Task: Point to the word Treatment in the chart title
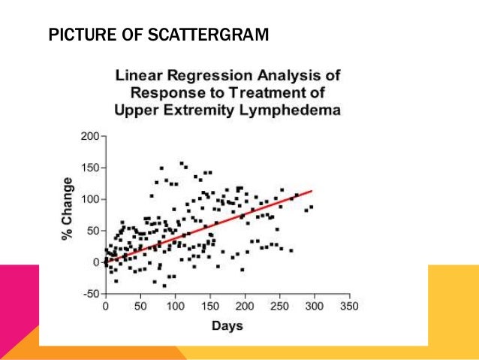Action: coord(275,92)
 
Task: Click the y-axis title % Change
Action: coord(68,209)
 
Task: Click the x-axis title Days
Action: coord(227,326)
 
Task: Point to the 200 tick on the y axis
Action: coord(90,137)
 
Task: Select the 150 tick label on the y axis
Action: coord(90,168)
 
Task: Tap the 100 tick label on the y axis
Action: coord(90,200)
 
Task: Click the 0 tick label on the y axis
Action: coord(96,262)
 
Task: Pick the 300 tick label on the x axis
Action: coord(314,307)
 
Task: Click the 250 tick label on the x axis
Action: coord(279,307)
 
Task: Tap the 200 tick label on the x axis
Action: coord(245,307)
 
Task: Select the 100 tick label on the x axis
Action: coord(175,307)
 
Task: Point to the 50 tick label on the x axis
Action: coord(140,307)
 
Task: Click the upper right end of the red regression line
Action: coord(311,191)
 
